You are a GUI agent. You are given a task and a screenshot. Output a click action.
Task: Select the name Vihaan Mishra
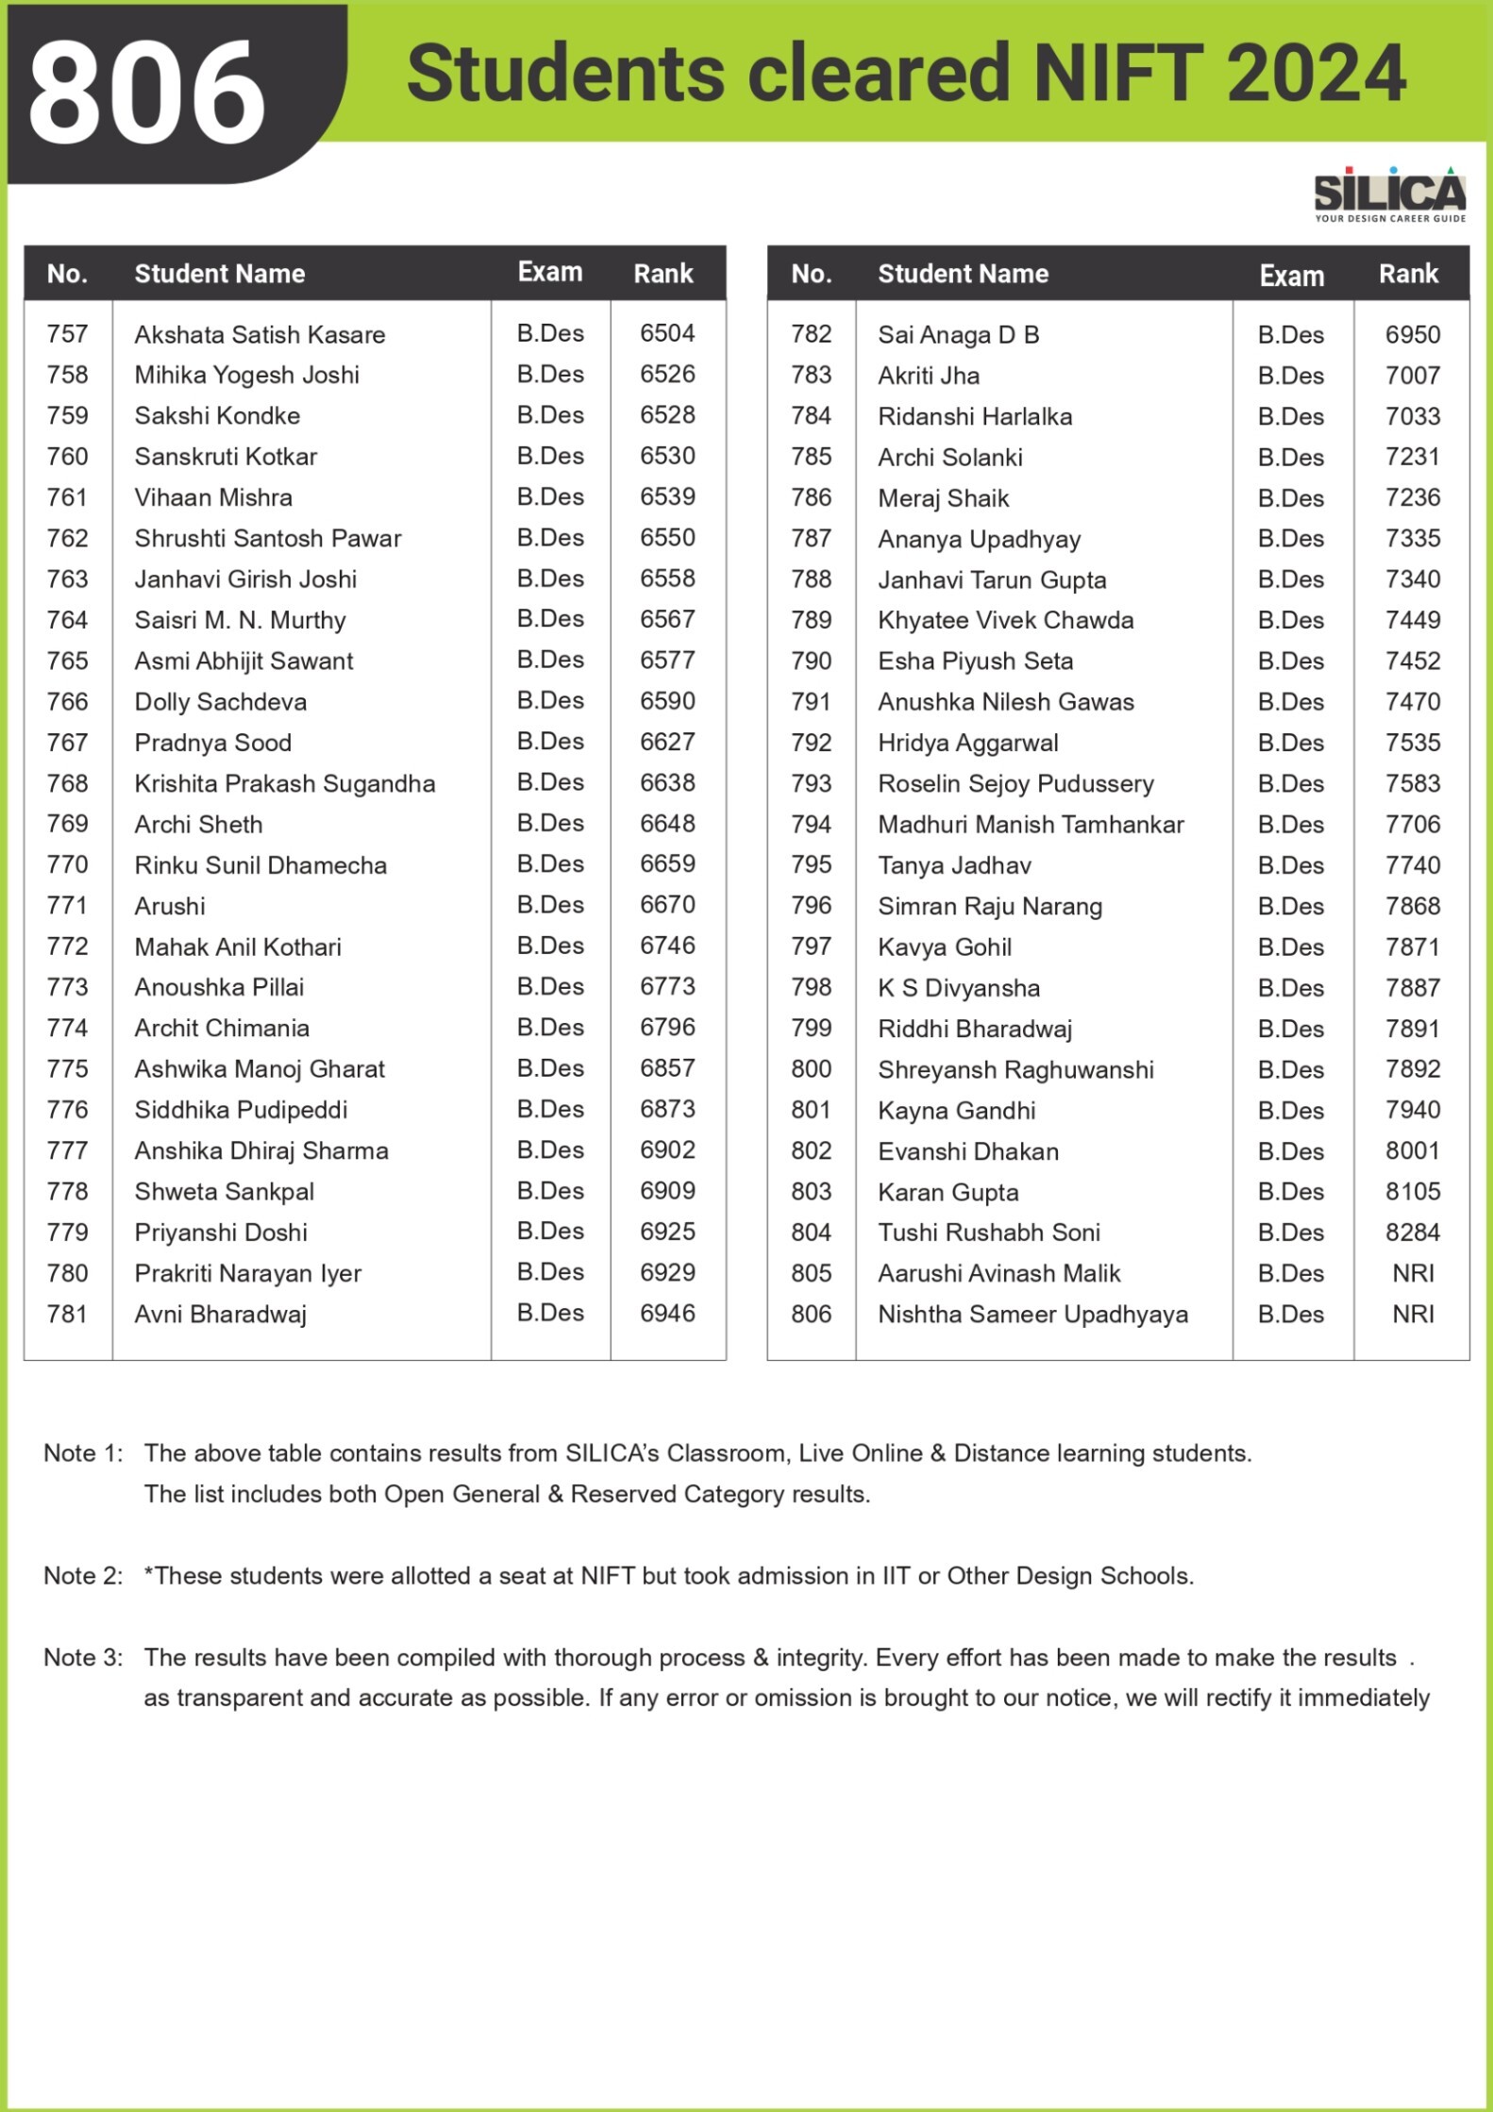213,497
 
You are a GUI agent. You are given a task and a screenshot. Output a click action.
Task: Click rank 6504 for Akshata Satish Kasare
667,333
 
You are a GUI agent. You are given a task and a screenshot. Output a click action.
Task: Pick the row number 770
68,864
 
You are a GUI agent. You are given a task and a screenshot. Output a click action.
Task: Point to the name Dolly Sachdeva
220,702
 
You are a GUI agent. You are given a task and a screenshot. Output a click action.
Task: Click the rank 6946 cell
667,1313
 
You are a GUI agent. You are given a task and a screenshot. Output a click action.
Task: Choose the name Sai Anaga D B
958,335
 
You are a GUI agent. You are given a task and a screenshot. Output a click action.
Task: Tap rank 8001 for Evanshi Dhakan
1413,1150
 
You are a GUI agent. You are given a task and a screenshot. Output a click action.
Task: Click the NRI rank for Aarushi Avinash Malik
1413,1273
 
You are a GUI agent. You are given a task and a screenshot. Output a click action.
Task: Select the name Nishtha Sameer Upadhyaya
1032,1315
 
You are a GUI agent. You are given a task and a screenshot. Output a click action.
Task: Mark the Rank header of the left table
663,274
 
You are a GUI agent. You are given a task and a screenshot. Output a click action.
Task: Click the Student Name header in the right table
963,274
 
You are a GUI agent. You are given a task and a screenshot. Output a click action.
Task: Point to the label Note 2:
83,1576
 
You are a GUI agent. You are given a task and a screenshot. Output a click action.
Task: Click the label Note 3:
83,1658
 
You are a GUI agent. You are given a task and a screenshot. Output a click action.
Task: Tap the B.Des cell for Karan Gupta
1290,1192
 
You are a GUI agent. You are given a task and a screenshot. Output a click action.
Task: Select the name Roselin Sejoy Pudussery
1015,784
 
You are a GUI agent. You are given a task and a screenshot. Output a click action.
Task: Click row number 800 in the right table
812,1069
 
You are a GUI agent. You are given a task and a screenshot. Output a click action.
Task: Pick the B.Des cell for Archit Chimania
550,1027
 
